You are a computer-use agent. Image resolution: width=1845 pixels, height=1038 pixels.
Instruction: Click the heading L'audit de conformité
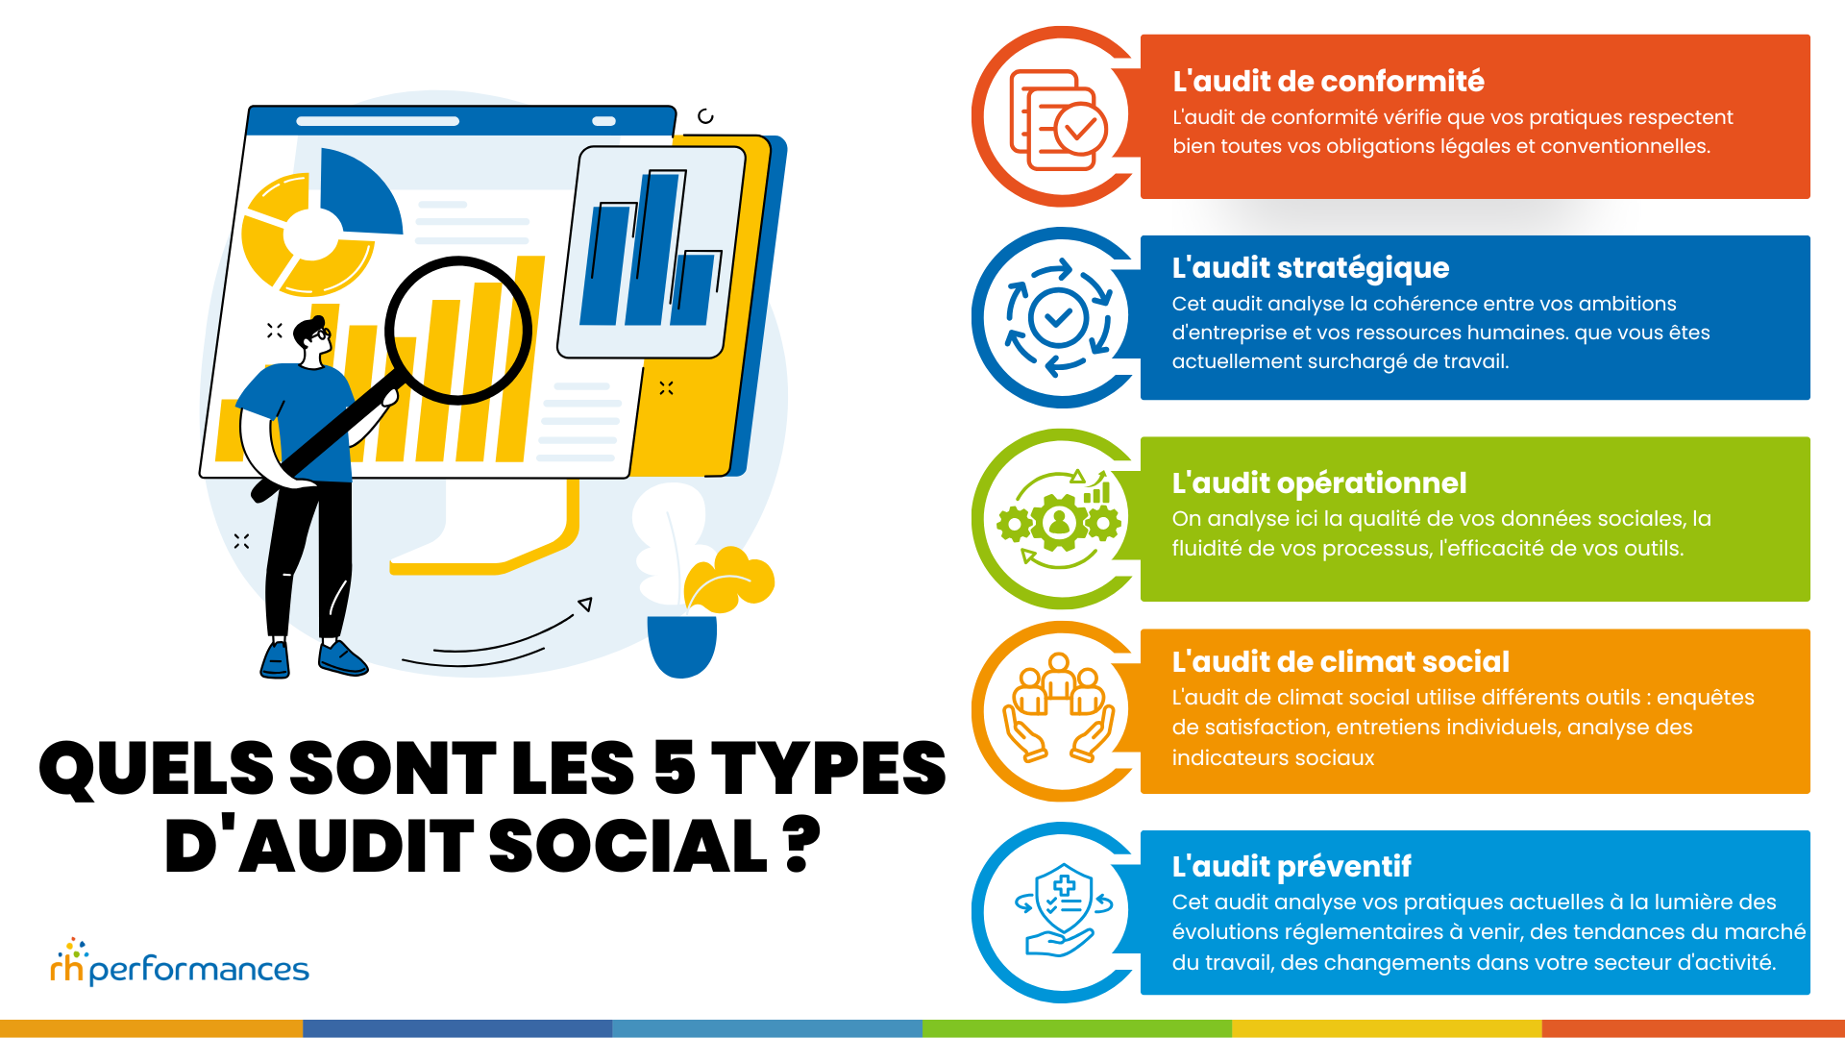pos(1328,82)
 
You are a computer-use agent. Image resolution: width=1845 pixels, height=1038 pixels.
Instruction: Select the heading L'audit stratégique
pos(1310,268)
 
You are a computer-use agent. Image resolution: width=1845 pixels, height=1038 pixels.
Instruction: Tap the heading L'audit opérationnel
pos(1318,482)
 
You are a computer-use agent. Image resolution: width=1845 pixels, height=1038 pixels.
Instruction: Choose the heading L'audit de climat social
pos(1340,662)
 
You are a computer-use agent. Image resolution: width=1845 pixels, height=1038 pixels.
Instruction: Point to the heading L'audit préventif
pos(1291,867)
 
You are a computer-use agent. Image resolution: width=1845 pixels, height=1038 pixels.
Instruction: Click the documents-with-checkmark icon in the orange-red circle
pos(1058,121)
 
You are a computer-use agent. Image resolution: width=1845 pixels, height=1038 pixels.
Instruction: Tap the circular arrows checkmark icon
pos(1058,317)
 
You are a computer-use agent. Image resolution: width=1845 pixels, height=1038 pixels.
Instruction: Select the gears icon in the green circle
pos(1058,520)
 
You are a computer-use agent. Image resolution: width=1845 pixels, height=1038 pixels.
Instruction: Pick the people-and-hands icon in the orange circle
pos(1058,708)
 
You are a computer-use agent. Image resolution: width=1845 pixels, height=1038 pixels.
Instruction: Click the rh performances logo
pos(180,964)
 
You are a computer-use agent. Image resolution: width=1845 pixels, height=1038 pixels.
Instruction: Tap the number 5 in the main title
pos(675,768)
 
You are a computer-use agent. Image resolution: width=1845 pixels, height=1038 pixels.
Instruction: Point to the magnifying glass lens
pos(458,330)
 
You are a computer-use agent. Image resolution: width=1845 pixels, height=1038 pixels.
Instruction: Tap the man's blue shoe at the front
pos(342,658)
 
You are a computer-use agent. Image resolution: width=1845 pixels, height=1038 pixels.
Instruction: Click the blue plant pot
pos(681,644)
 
